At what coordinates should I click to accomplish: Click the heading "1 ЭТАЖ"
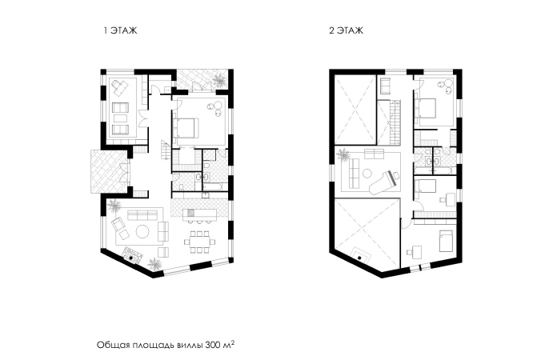click(120, 30)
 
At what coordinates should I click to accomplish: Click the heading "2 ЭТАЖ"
click(346, 30)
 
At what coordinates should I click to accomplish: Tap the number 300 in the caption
click(212, 345)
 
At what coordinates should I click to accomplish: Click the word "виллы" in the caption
click(190, 346)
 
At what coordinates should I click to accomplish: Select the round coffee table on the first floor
click(142, 232)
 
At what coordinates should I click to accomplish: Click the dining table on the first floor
click(199, 242)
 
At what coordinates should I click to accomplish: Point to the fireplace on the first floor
click(133, 254)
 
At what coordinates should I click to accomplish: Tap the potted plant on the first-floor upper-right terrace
click(218, 80)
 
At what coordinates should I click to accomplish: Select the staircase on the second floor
click(394, 122)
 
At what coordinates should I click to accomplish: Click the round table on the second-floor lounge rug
click(367, 174)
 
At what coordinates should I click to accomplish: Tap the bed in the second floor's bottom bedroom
click(446, 241)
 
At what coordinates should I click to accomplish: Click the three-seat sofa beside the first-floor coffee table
click(142, 214)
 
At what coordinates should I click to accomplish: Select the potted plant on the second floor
click(343, 154)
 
